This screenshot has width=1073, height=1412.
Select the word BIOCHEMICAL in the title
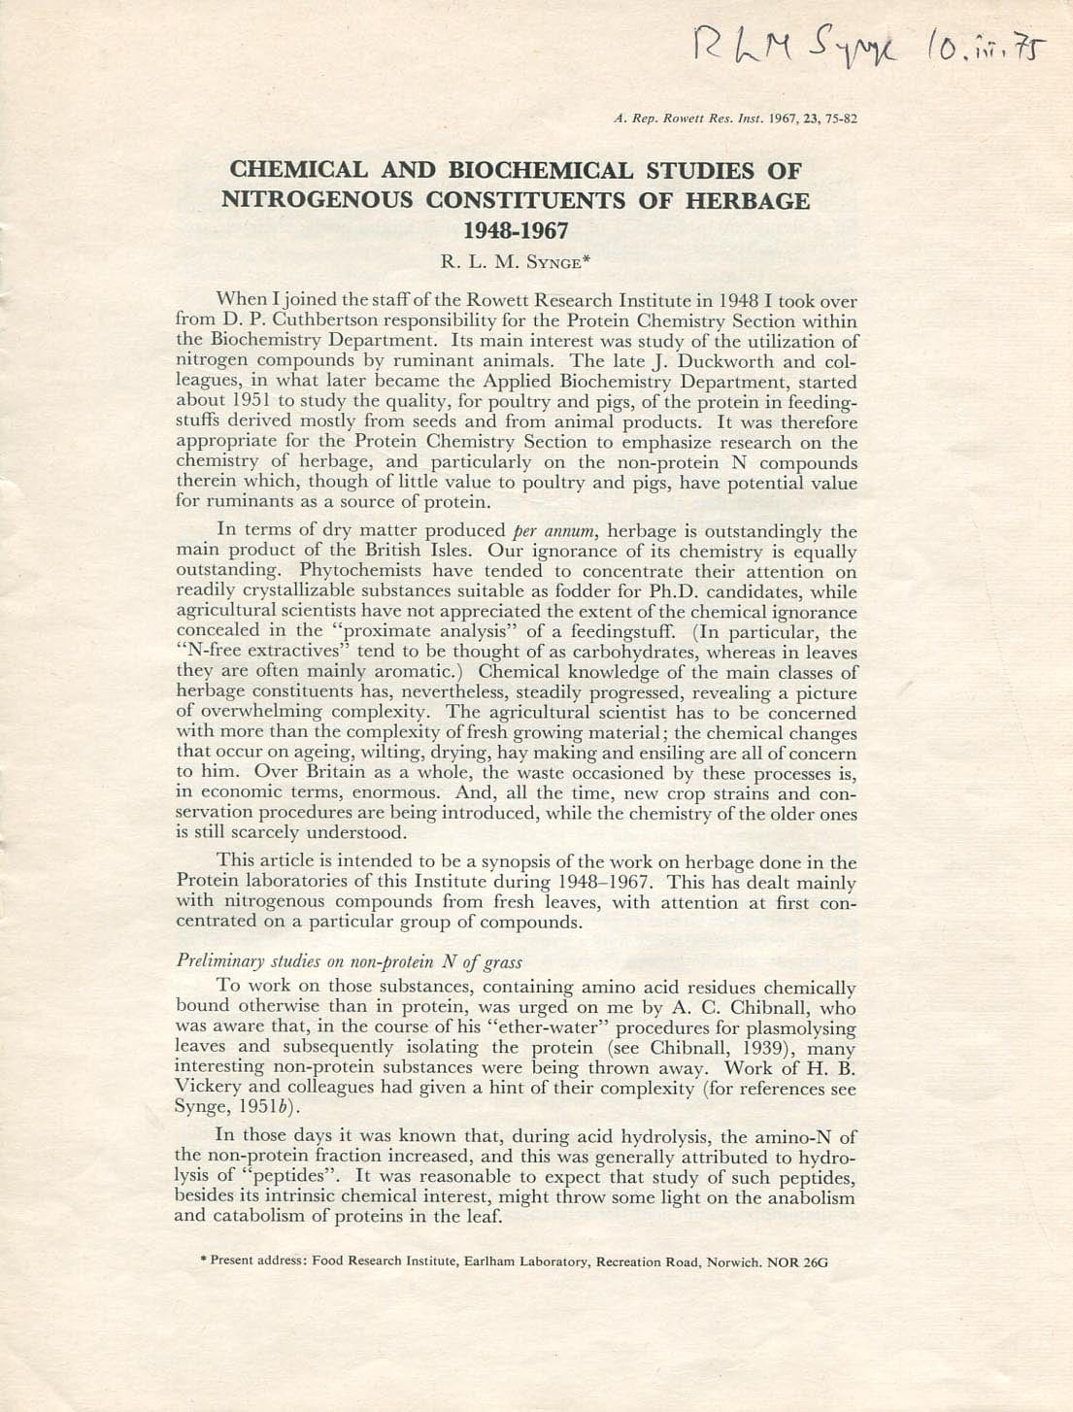(x=540, y=170)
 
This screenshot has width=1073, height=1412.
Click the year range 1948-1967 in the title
(x=516, y=231)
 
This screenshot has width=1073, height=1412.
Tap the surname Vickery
(x=211, y=1088)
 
